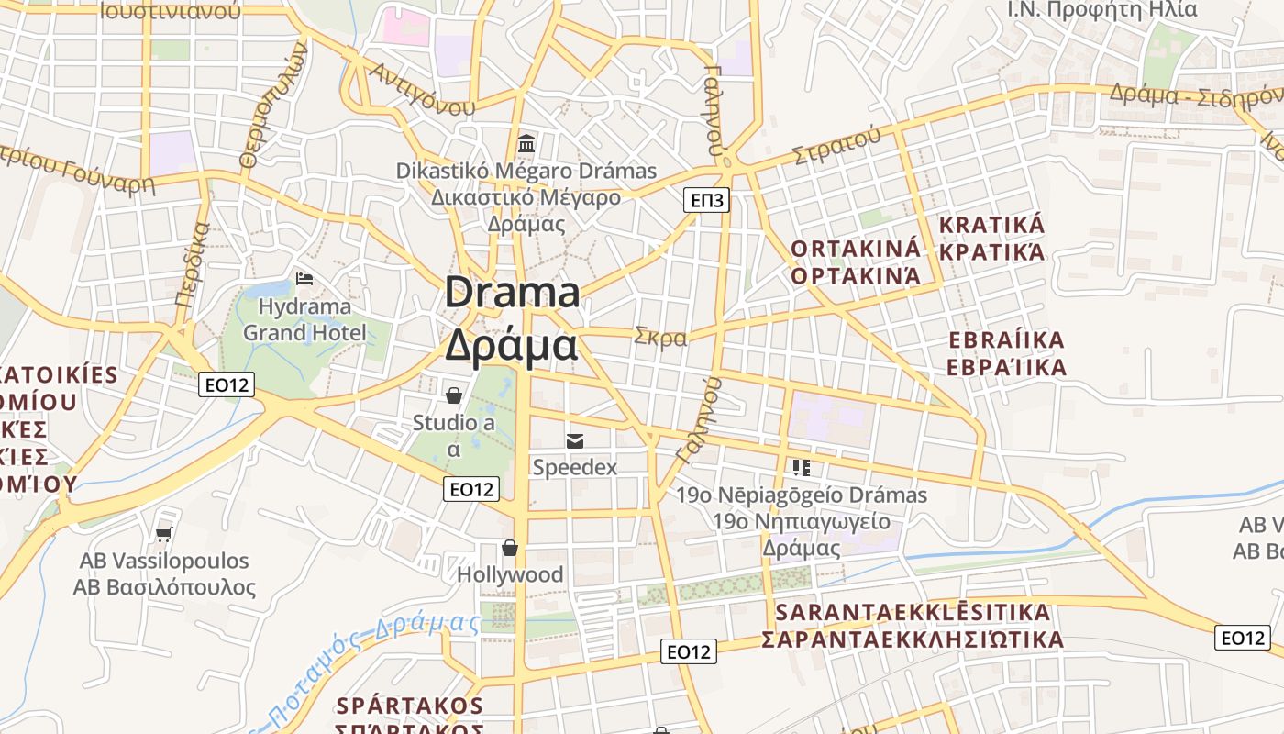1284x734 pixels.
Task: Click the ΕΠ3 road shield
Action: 706,200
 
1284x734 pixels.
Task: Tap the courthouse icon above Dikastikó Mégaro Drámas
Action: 526,143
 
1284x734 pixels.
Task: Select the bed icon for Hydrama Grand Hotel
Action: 304,278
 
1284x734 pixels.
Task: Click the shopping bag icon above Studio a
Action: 453,395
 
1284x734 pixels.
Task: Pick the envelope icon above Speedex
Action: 575,441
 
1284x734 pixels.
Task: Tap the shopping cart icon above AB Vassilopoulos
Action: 164,533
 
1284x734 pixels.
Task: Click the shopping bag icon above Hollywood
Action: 510,548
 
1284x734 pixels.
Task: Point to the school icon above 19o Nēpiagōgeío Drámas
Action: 802,468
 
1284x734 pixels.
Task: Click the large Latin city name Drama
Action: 513,294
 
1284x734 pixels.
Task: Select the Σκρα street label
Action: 660,337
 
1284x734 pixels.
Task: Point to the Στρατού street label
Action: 836,147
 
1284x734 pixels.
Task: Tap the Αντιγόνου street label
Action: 422,89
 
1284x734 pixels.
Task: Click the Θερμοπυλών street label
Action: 271,107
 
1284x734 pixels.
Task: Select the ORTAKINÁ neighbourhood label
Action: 855,249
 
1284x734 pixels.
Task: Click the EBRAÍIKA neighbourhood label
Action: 1007,341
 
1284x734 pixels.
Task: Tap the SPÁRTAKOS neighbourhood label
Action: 409,706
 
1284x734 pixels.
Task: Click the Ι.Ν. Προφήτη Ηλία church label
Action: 1102,10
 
